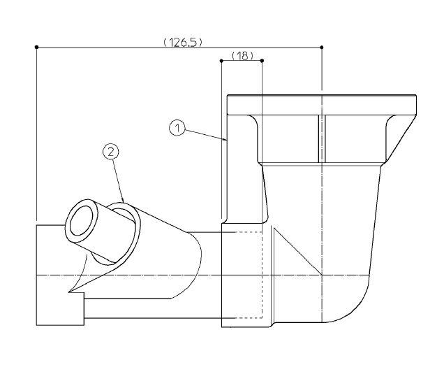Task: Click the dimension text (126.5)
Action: pyautogui.click(x=183, y=43)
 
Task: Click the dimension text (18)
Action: pyautogui.click(x=242, y=56)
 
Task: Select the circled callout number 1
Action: pyautogui.click(x=177, y=128)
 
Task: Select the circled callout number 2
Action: pyautogui.click(x=111, y=152)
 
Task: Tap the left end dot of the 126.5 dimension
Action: pyautogui.click(x=36, y=47)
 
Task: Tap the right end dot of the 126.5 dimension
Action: pyautogui.click(x=322, y=47)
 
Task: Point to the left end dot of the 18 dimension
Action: pyautogui.click(x=221, y=61)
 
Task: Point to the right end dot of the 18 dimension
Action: pyautogui.click(x=262, y=61)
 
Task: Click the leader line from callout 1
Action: pyautogui.click(x=206, y=135)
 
